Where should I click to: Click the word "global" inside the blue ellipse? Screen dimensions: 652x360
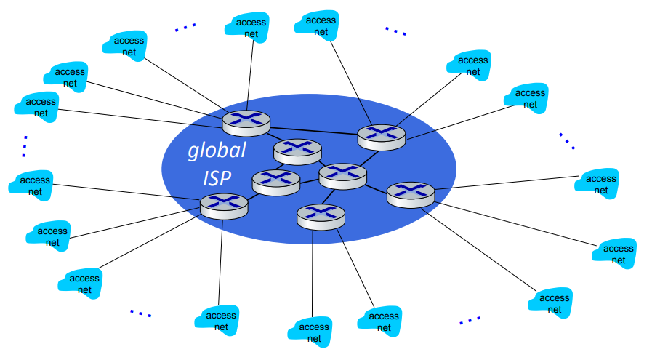click(x=217, y=151)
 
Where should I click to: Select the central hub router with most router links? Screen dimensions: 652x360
click(x=343, y=175)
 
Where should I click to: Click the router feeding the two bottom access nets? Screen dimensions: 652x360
click(x=321, y=216)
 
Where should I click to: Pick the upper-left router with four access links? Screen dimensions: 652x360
click(x=246, y=121)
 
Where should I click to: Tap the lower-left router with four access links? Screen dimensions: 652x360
click(x=224, y=205)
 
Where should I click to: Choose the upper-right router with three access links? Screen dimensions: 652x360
click(x=381, y=136)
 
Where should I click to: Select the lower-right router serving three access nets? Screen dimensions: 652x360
click(x=410, y=193)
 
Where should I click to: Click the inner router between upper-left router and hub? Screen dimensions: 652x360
click(x=297, y=150)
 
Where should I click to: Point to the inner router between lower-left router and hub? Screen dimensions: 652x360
click(x=275, y=180)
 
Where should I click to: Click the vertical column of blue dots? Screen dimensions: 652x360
click(x=24, y=145)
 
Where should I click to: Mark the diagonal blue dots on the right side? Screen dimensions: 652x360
click(x=566, y=140)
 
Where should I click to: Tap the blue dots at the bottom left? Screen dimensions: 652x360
click(x=140, y=313)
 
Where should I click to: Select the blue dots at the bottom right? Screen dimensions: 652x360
click(x=470, y=320)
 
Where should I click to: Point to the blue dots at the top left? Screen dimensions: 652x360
click(x=185, y=28)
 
